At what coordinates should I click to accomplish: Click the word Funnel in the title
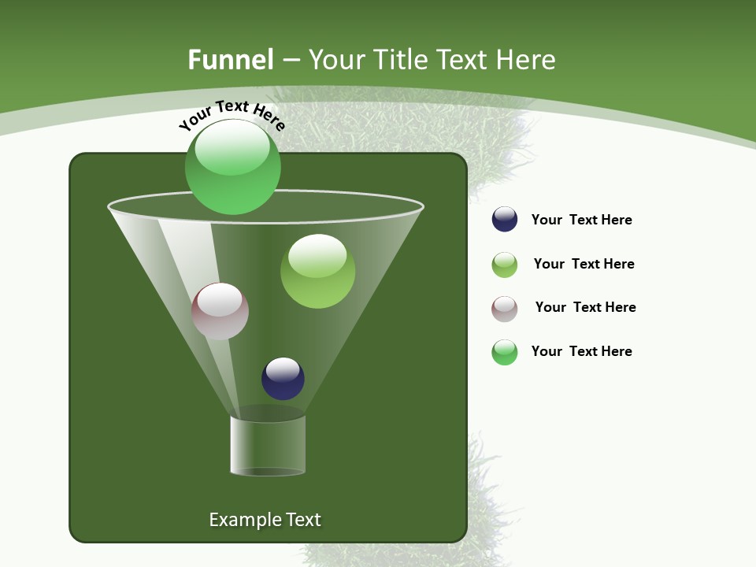[x=230, y=60]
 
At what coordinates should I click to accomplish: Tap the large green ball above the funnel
[x=232, y=167]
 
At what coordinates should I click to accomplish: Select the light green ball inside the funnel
[x=317, y=271]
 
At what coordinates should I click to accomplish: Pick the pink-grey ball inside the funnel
[x=220, y=311]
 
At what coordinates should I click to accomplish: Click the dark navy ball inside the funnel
[x=283, y=378]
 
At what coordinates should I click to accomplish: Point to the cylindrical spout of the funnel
[x=268, y=445]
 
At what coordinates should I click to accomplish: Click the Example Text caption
[x=265, y=520]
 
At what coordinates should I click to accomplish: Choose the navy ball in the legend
[x=505, y=219]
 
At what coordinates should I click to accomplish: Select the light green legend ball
[x=505, y=265]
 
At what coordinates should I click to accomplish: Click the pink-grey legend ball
[x=505, y=309]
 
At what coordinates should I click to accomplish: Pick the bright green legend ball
[x=505, y=352]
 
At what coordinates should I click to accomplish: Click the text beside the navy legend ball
[x=581, y=220]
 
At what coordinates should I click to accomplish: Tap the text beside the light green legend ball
[x=584, y=264]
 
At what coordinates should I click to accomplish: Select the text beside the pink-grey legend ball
[x=585, y=307]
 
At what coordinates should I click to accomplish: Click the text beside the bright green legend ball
[x=581, y=351]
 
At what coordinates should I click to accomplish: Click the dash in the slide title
[x=291, y=61]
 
